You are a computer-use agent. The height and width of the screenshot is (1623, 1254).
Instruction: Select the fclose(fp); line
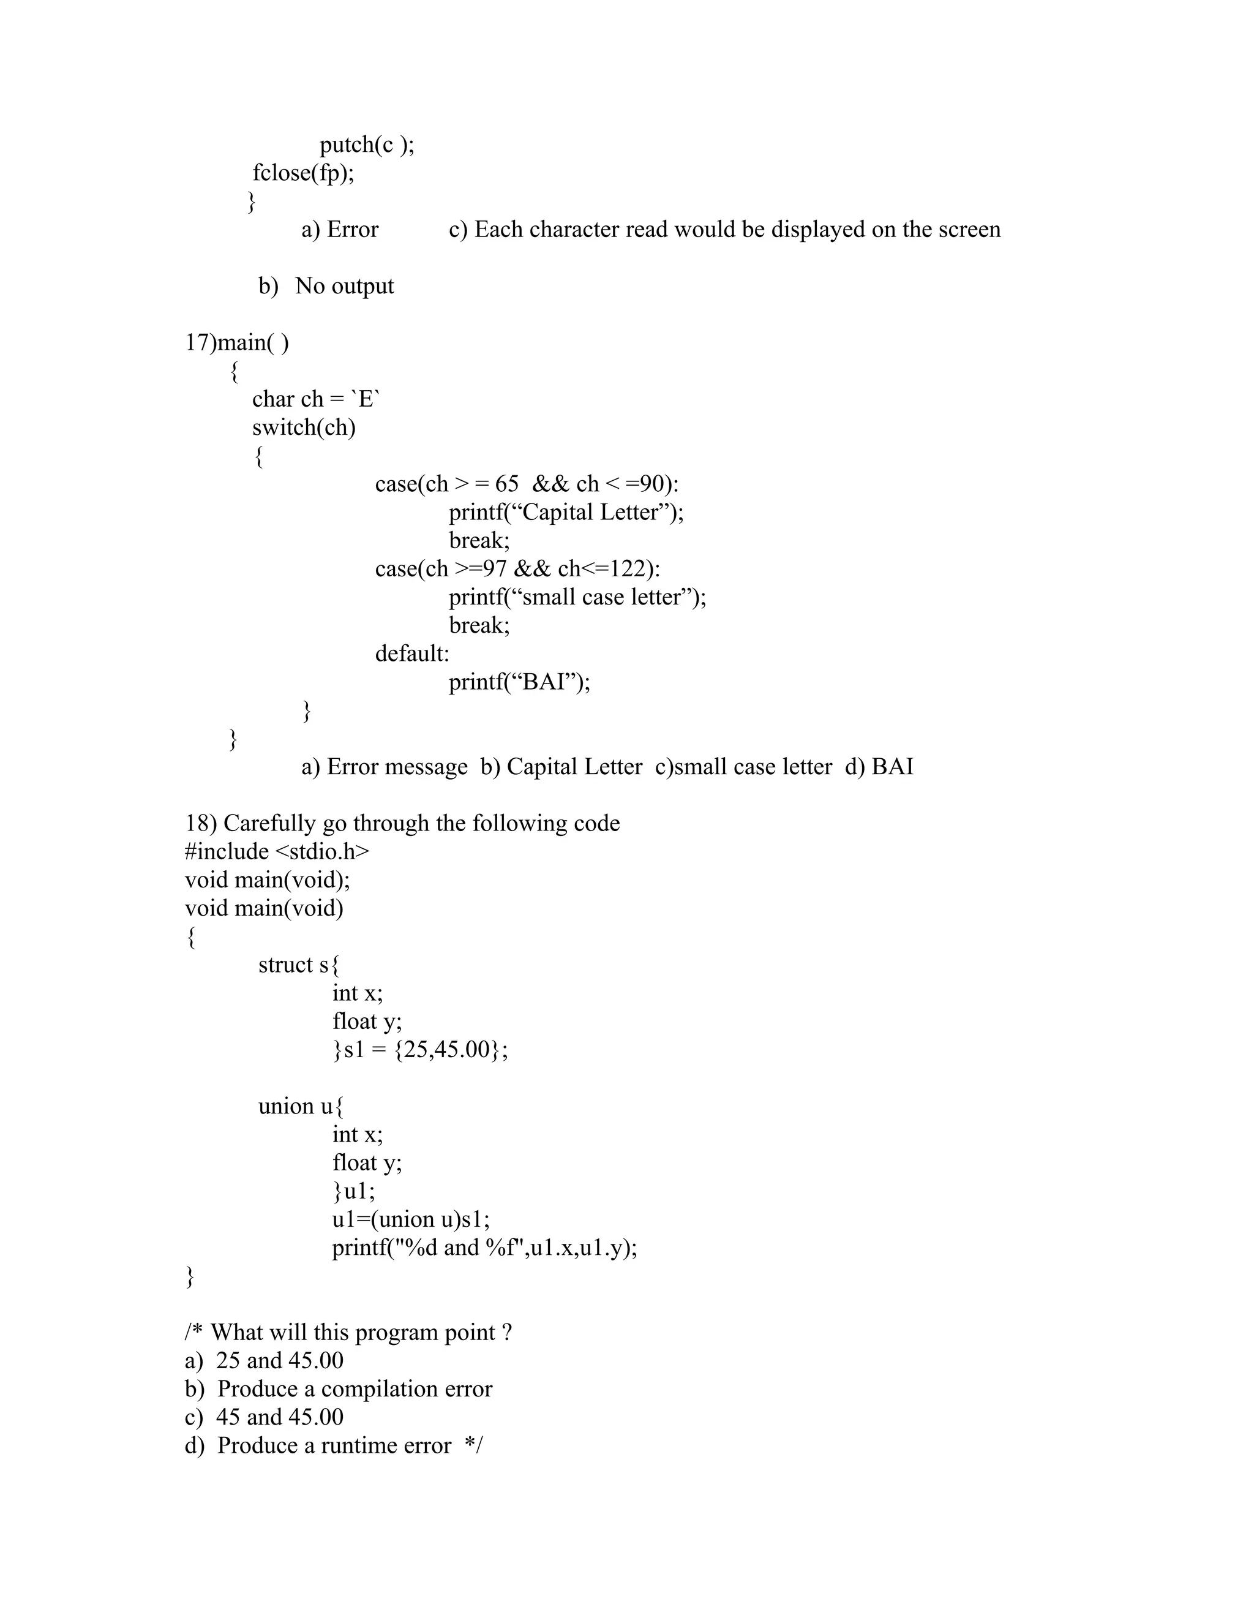point(303,173)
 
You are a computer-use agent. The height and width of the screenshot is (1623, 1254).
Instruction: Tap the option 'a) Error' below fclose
point(339,229)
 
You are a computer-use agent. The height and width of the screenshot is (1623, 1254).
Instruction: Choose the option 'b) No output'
point(326,286)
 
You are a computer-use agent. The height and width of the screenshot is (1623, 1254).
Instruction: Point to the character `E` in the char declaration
point(366,399)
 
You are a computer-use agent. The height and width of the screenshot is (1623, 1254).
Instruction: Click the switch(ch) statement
point(304,427)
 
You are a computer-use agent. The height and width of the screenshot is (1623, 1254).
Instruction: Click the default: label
point(411,653)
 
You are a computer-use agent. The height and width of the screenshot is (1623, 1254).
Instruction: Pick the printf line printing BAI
point(519,682)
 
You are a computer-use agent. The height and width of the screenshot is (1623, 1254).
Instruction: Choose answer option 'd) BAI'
point(879,766)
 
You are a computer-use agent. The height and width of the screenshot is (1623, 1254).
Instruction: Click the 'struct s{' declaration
point(299,965)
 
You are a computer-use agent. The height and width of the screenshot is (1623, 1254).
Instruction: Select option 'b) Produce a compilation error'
point(339,1389)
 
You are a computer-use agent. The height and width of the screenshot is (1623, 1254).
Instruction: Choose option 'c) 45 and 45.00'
point(265,1417)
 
